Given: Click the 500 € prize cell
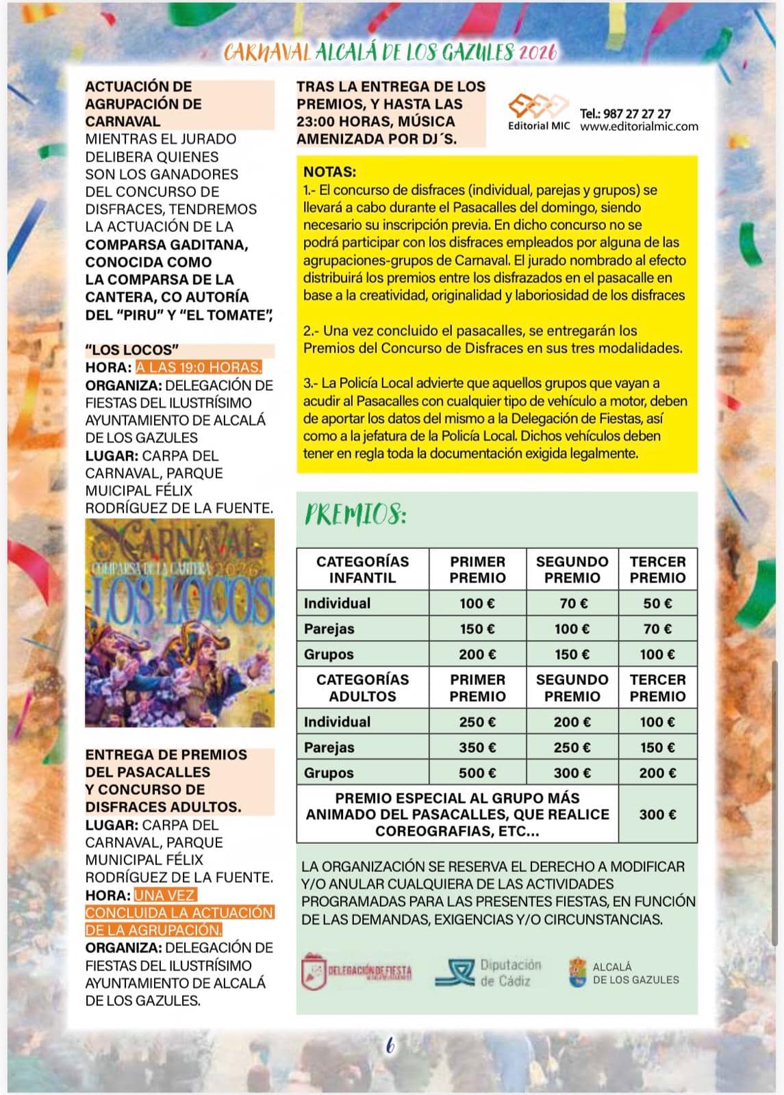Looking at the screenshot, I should (477, 773).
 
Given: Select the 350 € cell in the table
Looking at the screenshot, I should (477, 747).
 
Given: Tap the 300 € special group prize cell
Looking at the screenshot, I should (657, 814).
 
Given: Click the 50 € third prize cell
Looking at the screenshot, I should (657, 603).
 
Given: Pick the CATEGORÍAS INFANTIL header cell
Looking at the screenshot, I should (362, 569).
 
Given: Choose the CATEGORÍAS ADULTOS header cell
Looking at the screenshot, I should (362, 688).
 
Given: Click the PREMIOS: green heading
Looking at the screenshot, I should (355, 515).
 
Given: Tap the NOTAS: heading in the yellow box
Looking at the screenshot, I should (330, 172).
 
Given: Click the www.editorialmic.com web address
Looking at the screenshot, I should (639, 127).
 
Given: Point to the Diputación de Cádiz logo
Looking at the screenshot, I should (489, 972).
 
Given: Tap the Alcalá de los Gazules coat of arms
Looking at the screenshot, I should (578, 972).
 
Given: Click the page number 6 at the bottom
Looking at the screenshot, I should (390, 1045).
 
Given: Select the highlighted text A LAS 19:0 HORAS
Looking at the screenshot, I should (199, 368).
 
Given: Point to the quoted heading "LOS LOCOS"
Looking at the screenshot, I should (131, 350).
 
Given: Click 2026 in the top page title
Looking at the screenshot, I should (538, 52).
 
